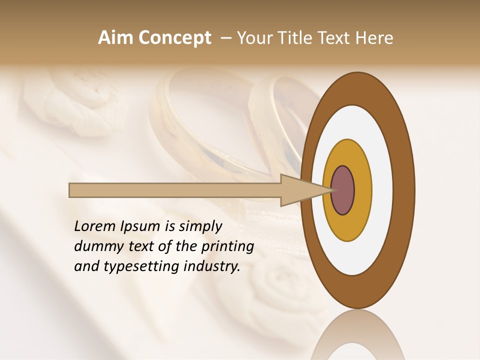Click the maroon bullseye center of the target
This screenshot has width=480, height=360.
coord(343,190)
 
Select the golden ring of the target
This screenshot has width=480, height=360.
coord(363,190)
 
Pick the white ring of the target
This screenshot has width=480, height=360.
coord(382,190)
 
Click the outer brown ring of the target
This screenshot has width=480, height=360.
coord(403,190)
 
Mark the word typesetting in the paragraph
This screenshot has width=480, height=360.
coord(138,267)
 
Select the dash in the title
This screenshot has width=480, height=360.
coord(225,38)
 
